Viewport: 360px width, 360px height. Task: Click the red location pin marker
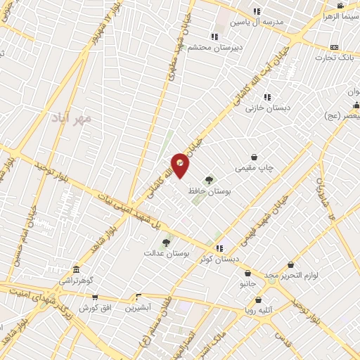pos(181,165)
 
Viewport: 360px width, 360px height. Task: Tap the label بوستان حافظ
pos(207,191)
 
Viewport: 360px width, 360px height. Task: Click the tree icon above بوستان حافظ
pos(209,180)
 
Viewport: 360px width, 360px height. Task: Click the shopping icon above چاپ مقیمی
pos(254,157)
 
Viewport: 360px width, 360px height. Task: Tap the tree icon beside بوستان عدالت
pos(166,243)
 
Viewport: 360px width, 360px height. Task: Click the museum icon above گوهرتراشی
pos(76,270)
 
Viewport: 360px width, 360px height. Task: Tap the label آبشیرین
pos(139,308)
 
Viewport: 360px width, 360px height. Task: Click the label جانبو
pos(248,284)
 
